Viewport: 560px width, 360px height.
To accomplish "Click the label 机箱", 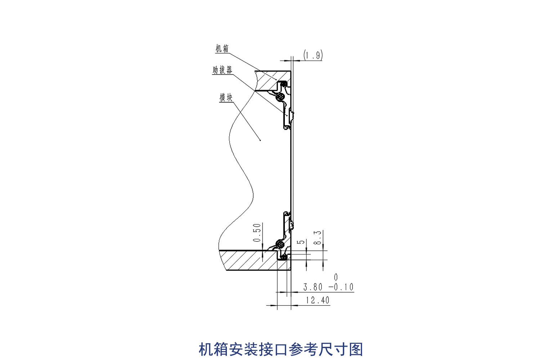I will (x=222, y=49).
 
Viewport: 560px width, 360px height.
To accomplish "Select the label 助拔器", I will (x=222, y=70).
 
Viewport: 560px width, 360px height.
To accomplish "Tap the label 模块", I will (x=226, y=97).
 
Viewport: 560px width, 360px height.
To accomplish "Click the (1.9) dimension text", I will (x=313, y=55).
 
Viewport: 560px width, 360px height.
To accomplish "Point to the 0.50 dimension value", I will (x=257, y=233).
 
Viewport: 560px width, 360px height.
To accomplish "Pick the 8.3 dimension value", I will (x=318, y=237).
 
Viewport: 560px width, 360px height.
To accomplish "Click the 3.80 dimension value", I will (x=313, y=287).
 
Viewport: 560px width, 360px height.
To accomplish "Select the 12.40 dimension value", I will (x=317, y=300).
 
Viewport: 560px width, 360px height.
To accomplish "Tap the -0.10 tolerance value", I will (x=341, y=287).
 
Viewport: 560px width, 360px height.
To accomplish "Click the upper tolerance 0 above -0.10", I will (x=336, y=277).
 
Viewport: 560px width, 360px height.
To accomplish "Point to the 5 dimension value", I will (x=301, y=242).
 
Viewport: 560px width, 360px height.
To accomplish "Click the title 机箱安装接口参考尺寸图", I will (x=281, y=349).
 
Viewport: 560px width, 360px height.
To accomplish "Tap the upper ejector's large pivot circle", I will (x=280, y=97).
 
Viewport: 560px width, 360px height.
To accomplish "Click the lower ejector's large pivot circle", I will (x=280, y=244).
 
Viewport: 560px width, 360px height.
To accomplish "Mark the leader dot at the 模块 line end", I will (x=260, y=140).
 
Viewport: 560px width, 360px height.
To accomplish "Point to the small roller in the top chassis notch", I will (x=284, y=84).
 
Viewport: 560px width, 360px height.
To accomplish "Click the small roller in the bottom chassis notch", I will (x=284, y=257).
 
